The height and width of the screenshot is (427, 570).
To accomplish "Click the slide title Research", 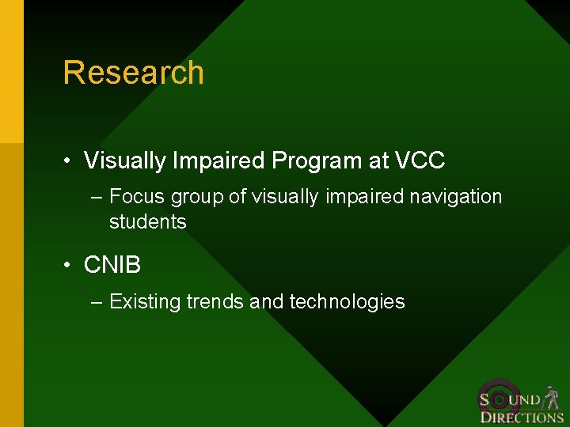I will (x=133, y=73).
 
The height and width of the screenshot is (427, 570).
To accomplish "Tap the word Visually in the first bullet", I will (x=125, y=161).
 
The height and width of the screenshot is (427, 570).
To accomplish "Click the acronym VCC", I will (x=419, y=161).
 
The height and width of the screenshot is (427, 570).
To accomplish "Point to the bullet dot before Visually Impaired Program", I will (x=70, y=162).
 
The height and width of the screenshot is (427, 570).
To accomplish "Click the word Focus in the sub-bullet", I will (x=137, y=196).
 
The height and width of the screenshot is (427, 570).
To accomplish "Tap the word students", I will (x=148, y=222).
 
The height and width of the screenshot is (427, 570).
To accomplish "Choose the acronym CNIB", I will (x=112, y=266).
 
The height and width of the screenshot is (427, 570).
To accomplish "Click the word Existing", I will (x=144, y=302).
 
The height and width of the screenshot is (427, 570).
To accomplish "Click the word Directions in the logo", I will (x=522, y=418).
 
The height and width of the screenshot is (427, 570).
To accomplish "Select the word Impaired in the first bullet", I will (x=219, y=161).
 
